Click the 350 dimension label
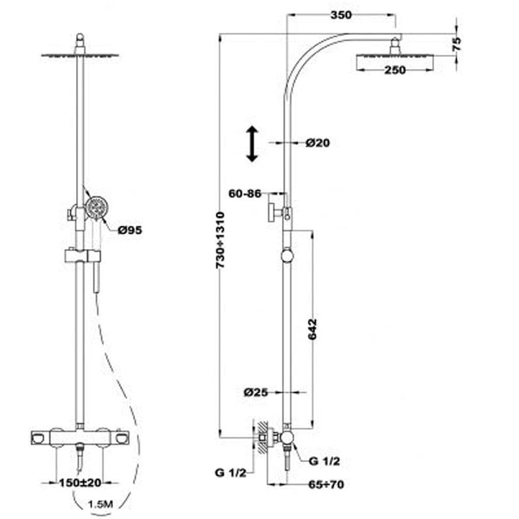(341, 15)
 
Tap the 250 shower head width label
(395, 70)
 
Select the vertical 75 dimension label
(456, 44)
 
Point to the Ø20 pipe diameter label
(318, 143)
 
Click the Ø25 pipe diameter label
(256, 392)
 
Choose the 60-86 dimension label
(245, 193)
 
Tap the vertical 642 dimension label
(312, 329)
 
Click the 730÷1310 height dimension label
(220, 240)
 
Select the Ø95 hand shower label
(130, 230)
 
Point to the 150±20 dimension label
(80, 483)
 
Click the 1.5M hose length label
(101, 504)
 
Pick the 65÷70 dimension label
(326, 484)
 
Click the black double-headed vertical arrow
(252, 143)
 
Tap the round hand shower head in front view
(97, 208)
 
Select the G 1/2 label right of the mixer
(324, 461)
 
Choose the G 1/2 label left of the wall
(231, 473)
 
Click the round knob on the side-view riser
(287, 256)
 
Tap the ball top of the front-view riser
(80, 37)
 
